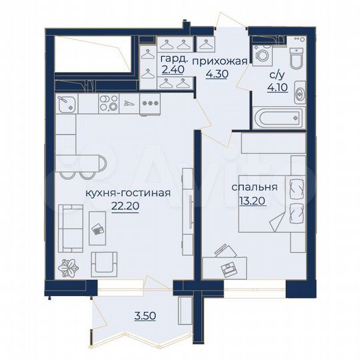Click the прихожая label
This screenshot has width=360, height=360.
(x=219, y=62)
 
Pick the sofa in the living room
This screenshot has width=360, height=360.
(x=67, y=227)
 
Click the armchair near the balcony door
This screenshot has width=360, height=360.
(x=105, y=264)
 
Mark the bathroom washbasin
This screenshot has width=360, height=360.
(x=299, y=92)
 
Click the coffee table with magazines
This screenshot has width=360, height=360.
(x=97, y=227)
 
